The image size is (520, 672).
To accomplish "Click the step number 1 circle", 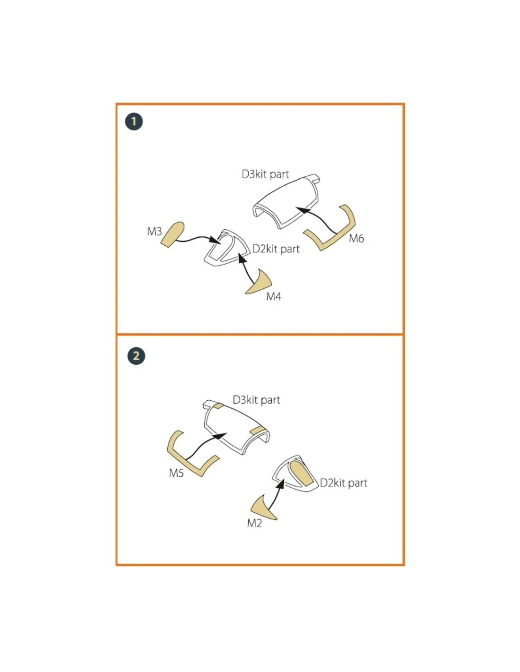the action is [x=134, y=121].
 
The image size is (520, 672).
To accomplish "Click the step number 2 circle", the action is [x=136, y=356].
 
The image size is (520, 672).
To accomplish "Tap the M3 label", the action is [x=155, y=231].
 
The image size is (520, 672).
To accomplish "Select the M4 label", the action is [x=273, y=297].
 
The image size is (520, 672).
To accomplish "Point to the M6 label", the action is [x=356, y=239].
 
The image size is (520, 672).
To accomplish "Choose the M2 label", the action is [x=255, y=523].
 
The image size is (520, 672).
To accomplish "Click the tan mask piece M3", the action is [x=173, y=234].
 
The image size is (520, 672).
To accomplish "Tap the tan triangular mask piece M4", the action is [x=260, y=283].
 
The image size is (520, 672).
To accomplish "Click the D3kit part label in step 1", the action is [x=265, y=174].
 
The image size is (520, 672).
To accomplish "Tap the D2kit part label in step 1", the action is [x=276, y=249].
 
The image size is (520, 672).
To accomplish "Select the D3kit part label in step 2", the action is [x=256, y=400].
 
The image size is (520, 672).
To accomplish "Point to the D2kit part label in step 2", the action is [x=343, y=483].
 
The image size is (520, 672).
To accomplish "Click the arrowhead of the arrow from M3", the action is [x=216, y=240].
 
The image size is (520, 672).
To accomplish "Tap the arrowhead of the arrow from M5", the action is [x=221, y=436].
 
